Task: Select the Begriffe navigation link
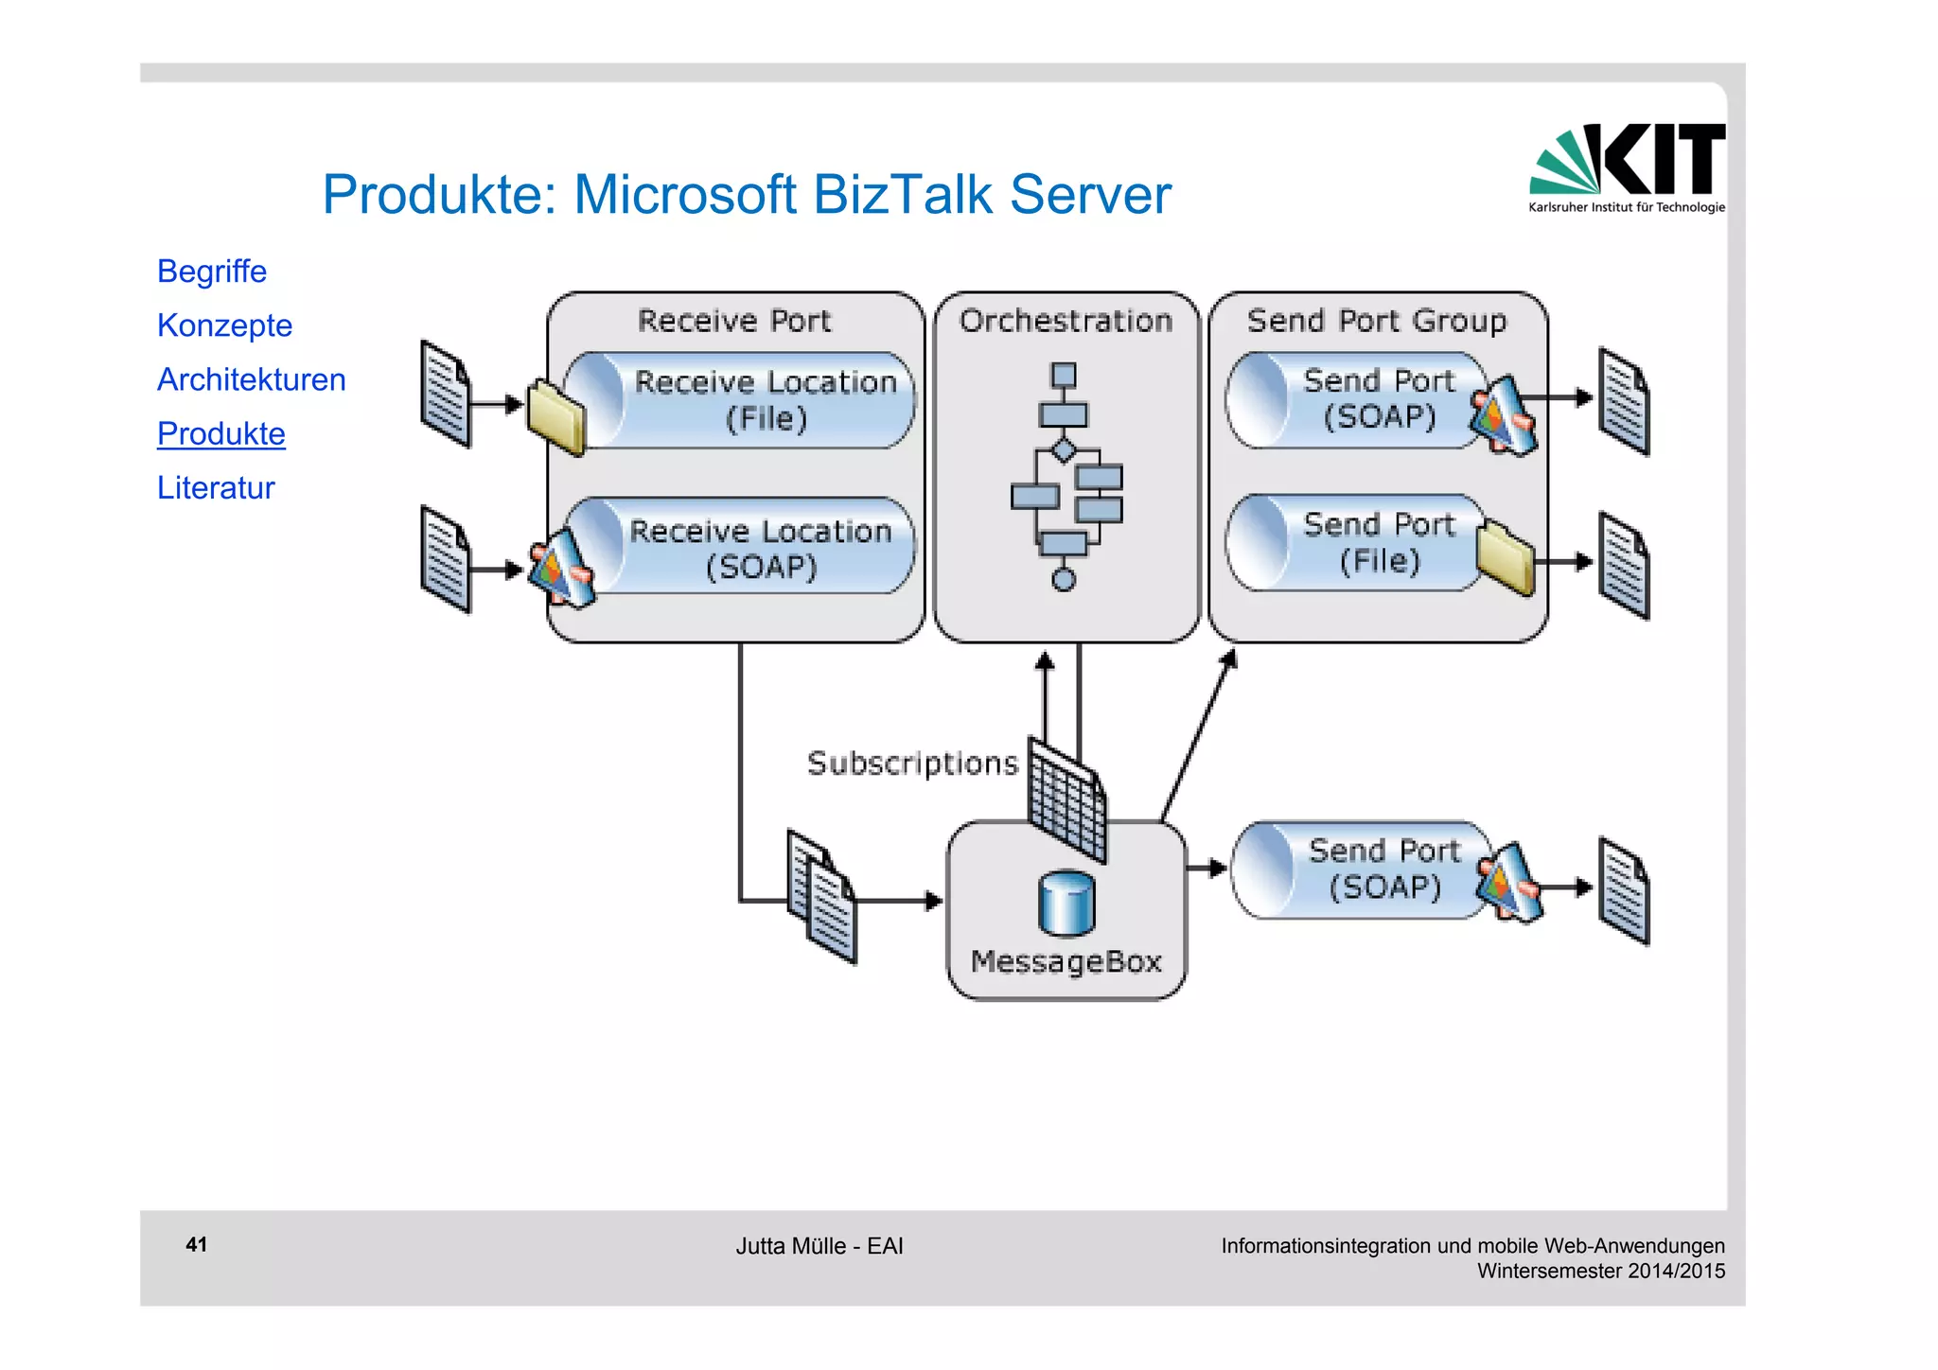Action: point(212,272)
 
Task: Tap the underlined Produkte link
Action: point(220,433)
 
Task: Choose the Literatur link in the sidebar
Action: point(216,487)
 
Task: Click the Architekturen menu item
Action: point(251,379)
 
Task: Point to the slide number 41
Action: point(196,1244)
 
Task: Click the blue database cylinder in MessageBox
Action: point(1066,904)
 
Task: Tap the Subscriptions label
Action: point(911,763)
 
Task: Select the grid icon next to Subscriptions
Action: point(1067,799)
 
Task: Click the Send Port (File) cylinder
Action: point(1363,543)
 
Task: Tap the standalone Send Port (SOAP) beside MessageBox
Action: point(1372,869)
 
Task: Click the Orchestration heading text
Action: point(1066,321)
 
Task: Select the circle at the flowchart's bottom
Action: point(1064,580)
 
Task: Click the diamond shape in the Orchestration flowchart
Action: point(1064,449)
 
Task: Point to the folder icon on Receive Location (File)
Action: point(555,417)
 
